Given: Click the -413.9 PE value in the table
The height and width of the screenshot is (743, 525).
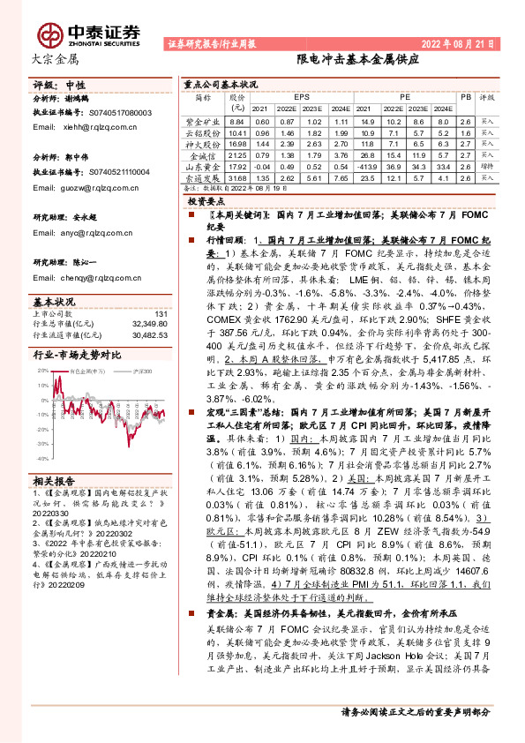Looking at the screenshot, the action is [368, 167].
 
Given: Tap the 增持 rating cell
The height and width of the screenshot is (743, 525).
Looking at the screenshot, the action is [487, 167].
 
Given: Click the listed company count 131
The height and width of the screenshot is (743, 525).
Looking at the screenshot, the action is [160, 313].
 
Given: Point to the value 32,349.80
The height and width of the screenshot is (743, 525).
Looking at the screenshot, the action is [148, 324].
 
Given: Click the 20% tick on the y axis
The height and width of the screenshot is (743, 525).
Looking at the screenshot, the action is [43, 371].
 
